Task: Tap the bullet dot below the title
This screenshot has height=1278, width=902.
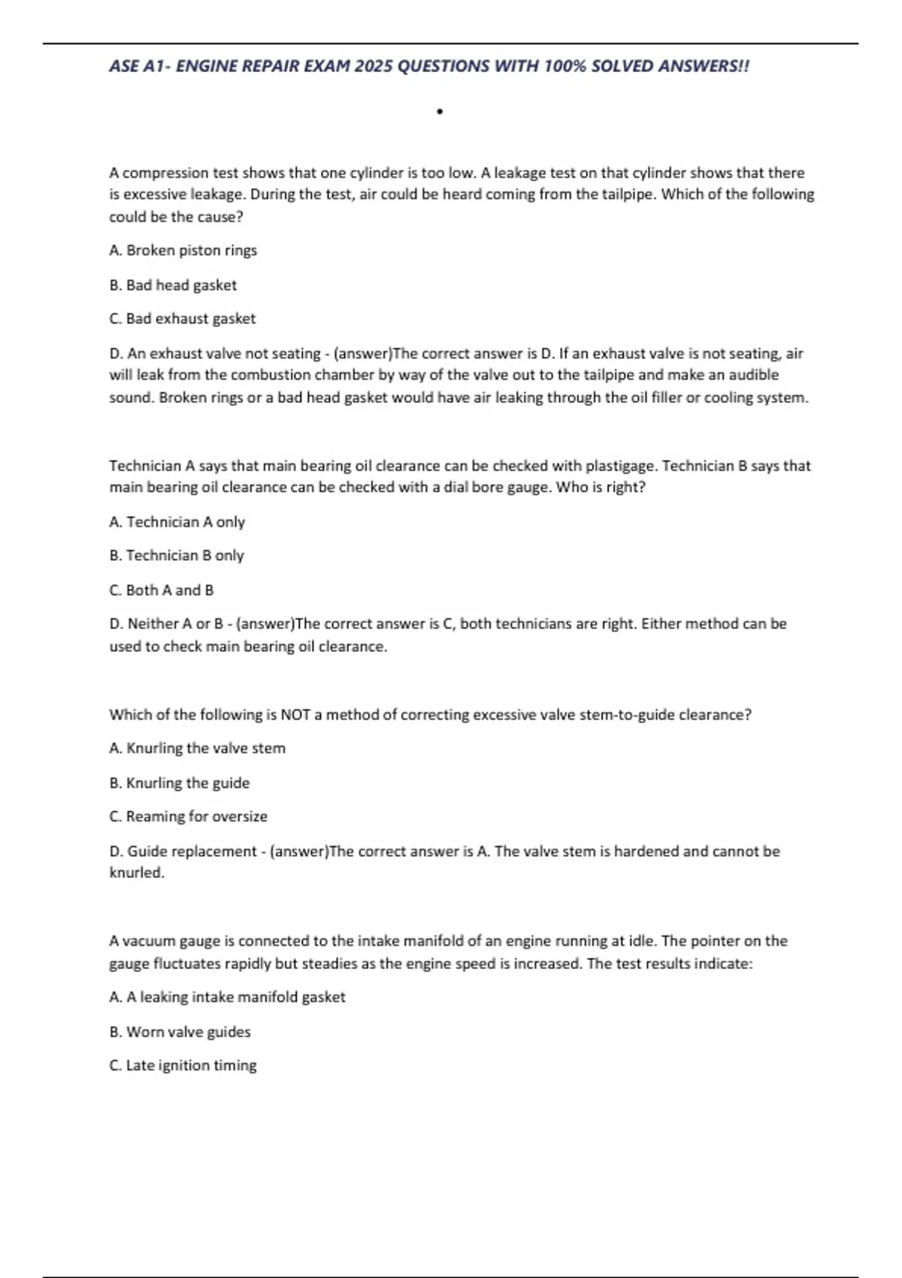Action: click(440, 112)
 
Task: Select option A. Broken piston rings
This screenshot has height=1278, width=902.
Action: click(183, 250)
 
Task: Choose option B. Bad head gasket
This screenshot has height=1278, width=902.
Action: click(173, 285)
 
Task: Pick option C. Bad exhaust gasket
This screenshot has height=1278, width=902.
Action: click(182, 319)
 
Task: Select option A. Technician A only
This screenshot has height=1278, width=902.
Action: click(177, 522)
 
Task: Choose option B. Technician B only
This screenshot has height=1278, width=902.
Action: click(177, 556)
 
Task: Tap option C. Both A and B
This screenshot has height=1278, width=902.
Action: click(162, 590)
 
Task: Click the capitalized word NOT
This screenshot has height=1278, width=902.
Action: click(295, 715)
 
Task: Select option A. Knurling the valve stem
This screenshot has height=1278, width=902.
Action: click(197, 749)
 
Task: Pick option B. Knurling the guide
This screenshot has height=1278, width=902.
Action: click(179, 783)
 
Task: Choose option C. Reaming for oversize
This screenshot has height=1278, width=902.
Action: click(188, 816)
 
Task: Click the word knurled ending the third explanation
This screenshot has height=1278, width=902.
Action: click(136, 873)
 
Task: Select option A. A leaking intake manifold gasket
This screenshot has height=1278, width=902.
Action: click(227, 998)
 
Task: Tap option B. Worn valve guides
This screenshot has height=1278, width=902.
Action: click(180, 1032)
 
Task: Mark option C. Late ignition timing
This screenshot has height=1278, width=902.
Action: click(183, 1065)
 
